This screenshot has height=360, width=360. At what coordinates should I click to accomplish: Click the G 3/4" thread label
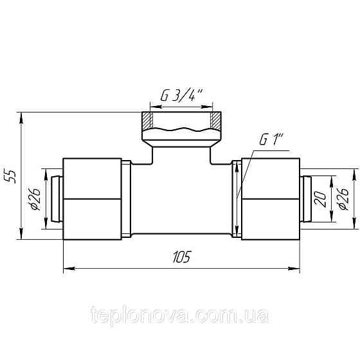(x=182, y=95)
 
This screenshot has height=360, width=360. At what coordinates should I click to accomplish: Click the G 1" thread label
(x=272, y=139)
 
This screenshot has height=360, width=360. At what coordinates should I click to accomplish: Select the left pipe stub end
(x=57, y=198)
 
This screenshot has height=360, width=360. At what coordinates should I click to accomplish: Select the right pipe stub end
(x=307, y=198)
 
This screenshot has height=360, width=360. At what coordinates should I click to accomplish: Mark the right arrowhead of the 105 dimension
(x=296, y=267)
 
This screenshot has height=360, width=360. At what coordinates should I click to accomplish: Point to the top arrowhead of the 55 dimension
(x=22, y=116)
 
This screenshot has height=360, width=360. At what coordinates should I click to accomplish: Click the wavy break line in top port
(x=182, y=129)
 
